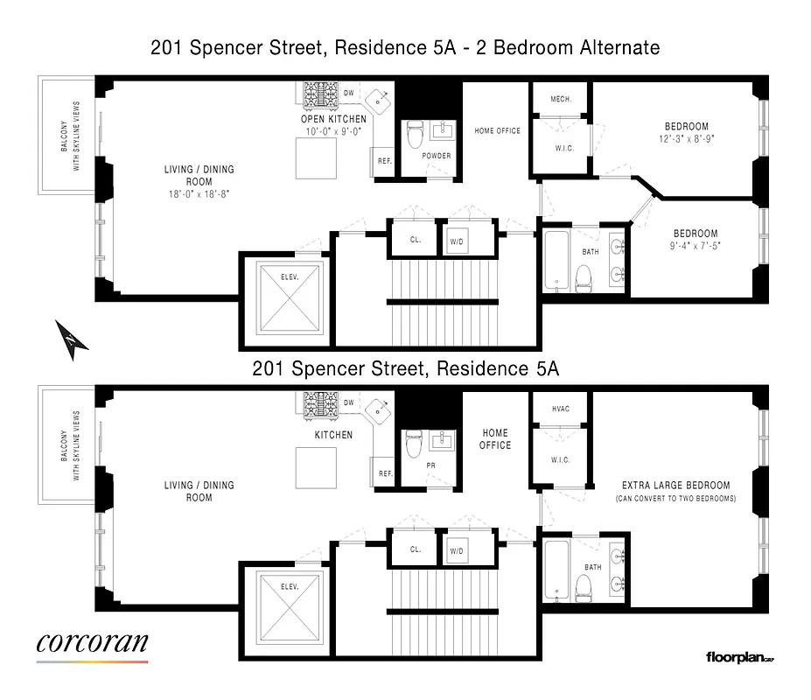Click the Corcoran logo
92,645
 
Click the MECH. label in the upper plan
561,99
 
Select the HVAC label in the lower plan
561,409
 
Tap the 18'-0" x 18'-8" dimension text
199,194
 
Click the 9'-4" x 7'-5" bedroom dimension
696,246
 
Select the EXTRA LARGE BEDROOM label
675,485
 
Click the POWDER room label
437,156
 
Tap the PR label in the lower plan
430,465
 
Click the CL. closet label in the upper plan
416,240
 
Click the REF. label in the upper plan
385,161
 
